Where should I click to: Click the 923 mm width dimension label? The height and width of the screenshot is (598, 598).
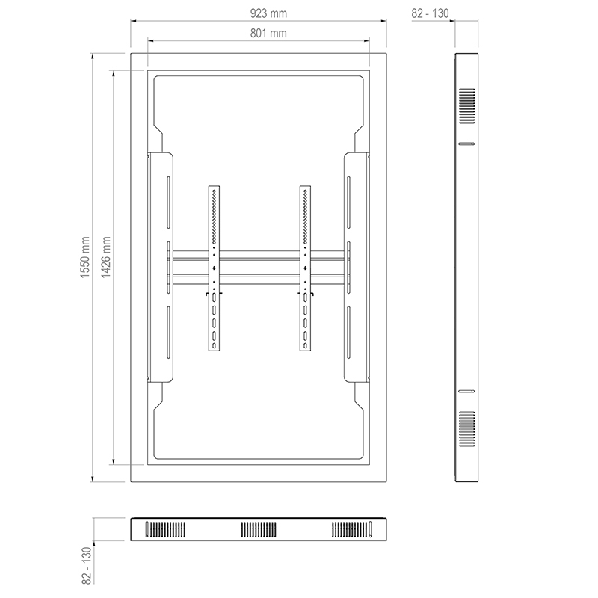pos(268,13)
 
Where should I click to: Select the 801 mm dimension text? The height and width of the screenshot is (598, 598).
pos(268,34)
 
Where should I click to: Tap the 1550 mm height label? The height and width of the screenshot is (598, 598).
pos(85,257)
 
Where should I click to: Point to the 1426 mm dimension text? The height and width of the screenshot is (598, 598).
pos(105,257)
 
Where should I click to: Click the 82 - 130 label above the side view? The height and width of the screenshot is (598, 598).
pos(430,13)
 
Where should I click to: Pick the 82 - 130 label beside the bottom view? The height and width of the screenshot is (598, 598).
pos(87,565)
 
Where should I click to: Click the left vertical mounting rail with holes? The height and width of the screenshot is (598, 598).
pos(214,268)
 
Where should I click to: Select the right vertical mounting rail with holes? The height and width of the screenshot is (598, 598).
pos(305,268)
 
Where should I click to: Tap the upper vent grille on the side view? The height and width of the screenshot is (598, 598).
pos(466,106)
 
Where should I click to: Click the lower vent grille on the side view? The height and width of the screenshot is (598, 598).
pos(466,428)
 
